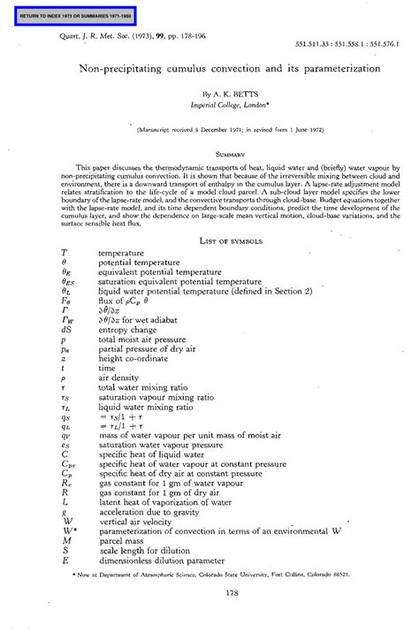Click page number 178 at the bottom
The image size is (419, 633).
[209, 593]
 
